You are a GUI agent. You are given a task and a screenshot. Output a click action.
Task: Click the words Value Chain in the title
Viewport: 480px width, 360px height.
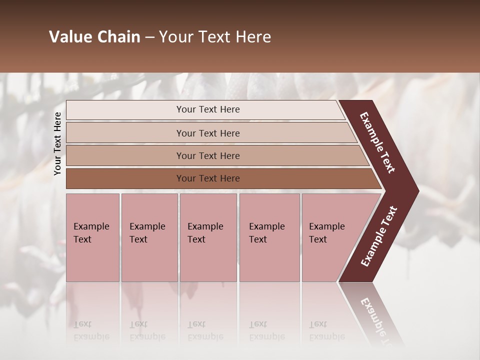pos(94,37)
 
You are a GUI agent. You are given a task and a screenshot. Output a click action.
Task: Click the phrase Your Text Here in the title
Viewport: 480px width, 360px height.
pos(215,37)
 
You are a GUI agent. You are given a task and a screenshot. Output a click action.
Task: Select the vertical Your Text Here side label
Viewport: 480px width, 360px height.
pos(57,143)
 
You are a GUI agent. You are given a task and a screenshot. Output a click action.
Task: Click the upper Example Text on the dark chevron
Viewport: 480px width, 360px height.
pos(377,142)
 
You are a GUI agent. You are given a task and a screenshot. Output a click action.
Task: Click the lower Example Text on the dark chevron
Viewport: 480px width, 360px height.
pos(378,236)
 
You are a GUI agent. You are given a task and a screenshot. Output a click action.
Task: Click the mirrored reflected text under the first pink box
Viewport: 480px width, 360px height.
pos(91,330)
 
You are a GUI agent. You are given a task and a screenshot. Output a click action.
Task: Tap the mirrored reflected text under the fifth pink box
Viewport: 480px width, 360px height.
pos(326,330)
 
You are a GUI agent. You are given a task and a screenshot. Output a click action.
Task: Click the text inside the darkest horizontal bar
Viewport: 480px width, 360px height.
pos(208,178)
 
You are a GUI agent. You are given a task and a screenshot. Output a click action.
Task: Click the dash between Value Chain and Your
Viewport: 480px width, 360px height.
pos(149,37)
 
